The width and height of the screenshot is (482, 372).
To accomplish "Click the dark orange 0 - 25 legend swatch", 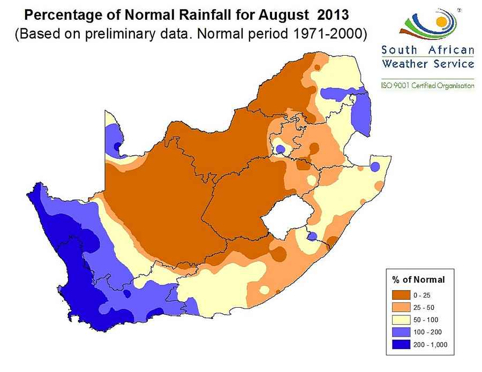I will click(x=400, y=295).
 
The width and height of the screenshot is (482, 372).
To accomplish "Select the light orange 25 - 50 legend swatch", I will click(x=400, y=307).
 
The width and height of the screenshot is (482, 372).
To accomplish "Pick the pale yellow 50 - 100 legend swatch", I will click(x=400, y=319).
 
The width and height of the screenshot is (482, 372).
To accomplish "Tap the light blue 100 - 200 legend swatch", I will click(x=400, y=331).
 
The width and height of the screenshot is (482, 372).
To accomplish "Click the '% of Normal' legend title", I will click(x=418, y=280).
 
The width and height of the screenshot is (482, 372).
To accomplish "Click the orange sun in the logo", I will click(x=442, y=22).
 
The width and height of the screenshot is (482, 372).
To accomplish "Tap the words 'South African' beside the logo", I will click(x=427, y=50).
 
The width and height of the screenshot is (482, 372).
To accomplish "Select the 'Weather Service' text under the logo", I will click(x=427, y=64).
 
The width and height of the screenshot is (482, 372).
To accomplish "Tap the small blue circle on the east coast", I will click(x=376, y=166).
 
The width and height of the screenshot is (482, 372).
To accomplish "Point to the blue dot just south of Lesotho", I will click(x=312, y=236).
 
